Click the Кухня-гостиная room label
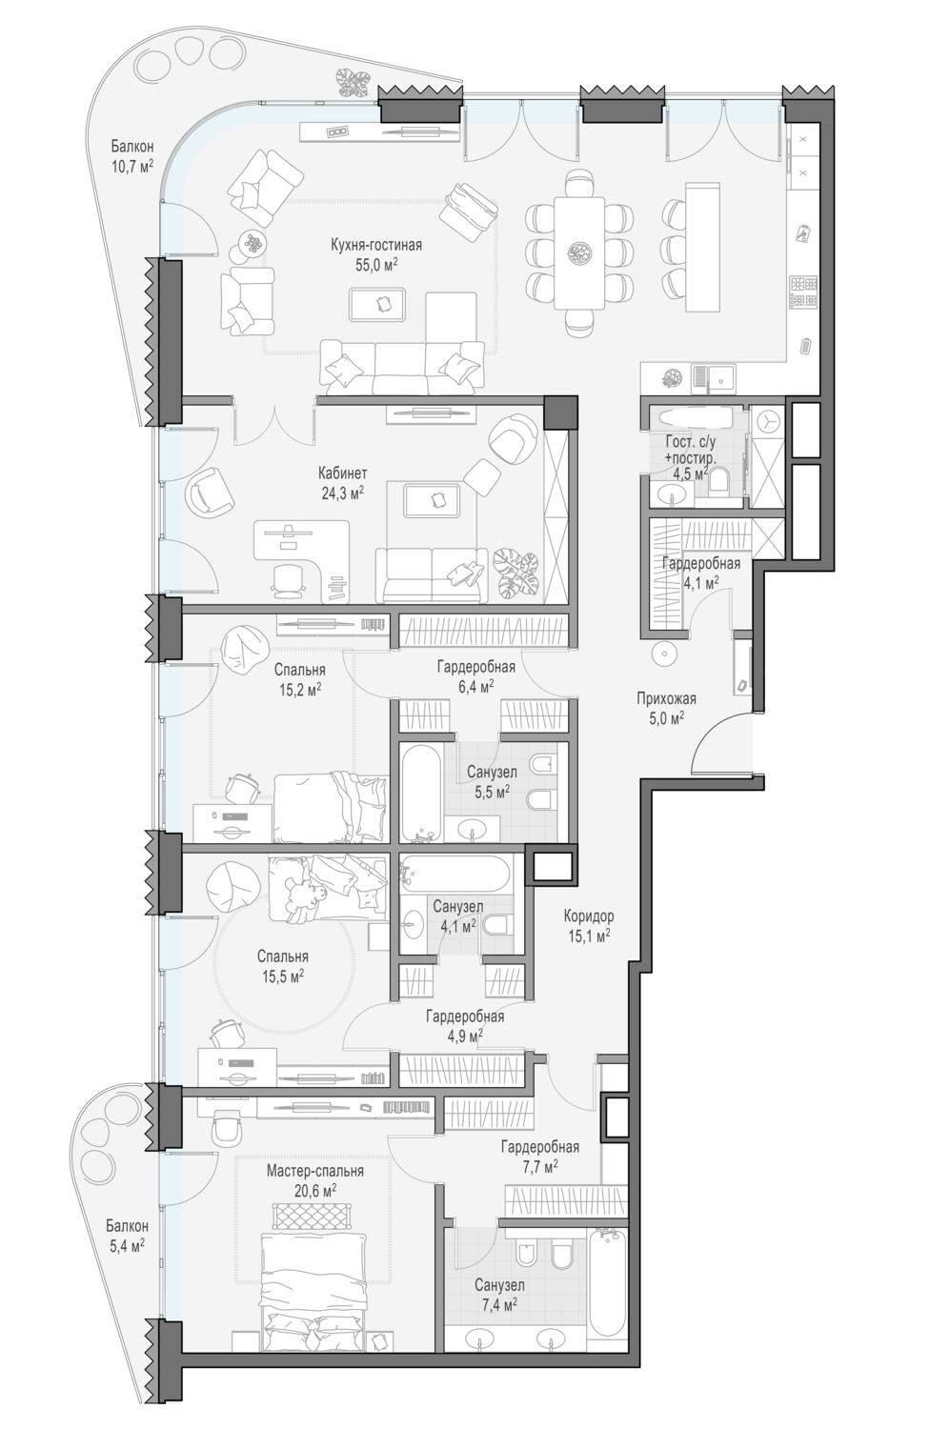point(376,245)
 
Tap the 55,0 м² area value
point(376,266)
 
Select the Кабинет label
point(343,473)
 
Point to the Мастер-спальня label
point(315,1172)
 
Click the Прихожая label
point(666,698)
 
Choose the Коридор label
point(589,916)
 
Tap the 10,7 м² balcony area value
point(132,167)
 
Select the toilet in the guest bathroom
point(718,481)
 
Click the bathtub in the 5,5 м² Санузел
point(420,791)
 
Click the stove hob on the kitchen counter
point(803,292)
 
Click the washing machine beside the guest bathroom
point(768,422)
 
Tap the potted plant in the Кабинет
point(516,570)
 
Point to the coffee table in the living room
point(377,304)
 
